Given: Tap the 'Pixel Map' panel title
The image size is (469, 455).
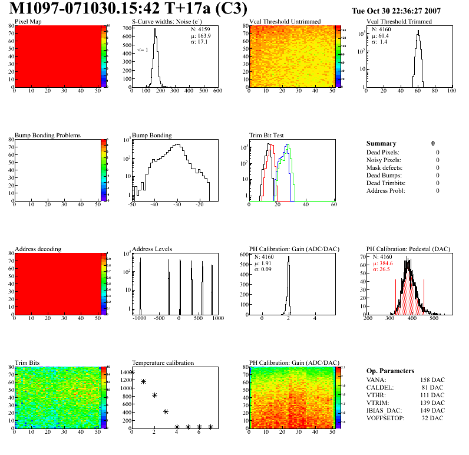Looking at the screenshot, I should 28,22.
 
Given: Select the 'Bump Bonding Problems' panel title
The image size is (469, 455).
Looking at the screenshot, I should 48,136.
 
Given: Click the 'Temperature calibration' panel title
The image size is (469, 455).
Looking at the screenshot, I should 163,362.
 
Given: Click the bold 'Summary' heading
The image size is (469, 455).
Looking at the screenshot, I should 381,143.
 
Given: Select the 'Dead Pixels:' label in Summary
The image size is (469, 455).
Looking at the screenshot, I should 383,152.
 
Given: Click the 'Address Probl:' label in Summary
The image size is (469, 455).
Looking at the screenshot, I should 386,190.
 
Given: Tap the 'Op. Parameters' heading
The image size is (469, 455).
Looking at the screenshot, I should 390,371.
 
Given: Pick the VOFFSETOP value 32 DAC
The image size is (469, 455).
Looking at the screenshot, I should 434,418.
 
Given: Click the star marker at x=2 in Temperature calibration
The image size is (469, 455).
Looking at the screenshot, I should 154,395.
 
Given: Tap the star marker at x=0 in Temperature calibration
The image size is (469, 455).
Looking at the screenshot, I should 132,372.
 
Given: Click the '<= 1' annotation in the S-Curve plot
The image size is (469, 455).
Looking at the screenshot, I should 142,50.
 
